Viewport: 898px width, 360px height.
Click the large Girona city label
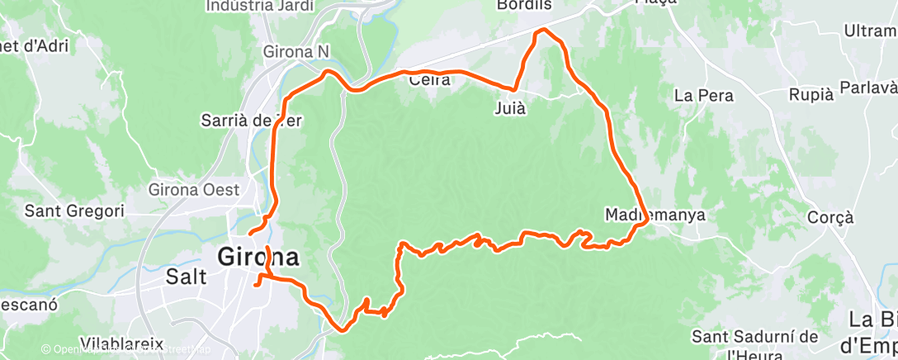click(258, 257)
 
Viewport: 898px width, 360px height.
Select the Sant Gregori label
click(74, 211)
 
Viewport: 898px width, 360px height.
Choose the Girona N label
click(295, 51)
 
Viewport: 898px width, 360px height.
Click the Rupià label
click(811, 94)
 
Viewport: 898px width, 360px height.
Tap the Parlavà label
click(867, 88)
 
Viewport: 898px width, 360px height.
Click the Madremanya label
click(655, 215)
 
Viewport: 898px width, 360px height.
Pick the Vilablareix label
click(122, 343)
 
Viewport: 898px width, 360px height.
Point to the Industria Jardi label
click(251, 6)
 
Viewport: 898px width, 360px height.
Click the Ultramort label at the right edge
click(870, 31)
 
